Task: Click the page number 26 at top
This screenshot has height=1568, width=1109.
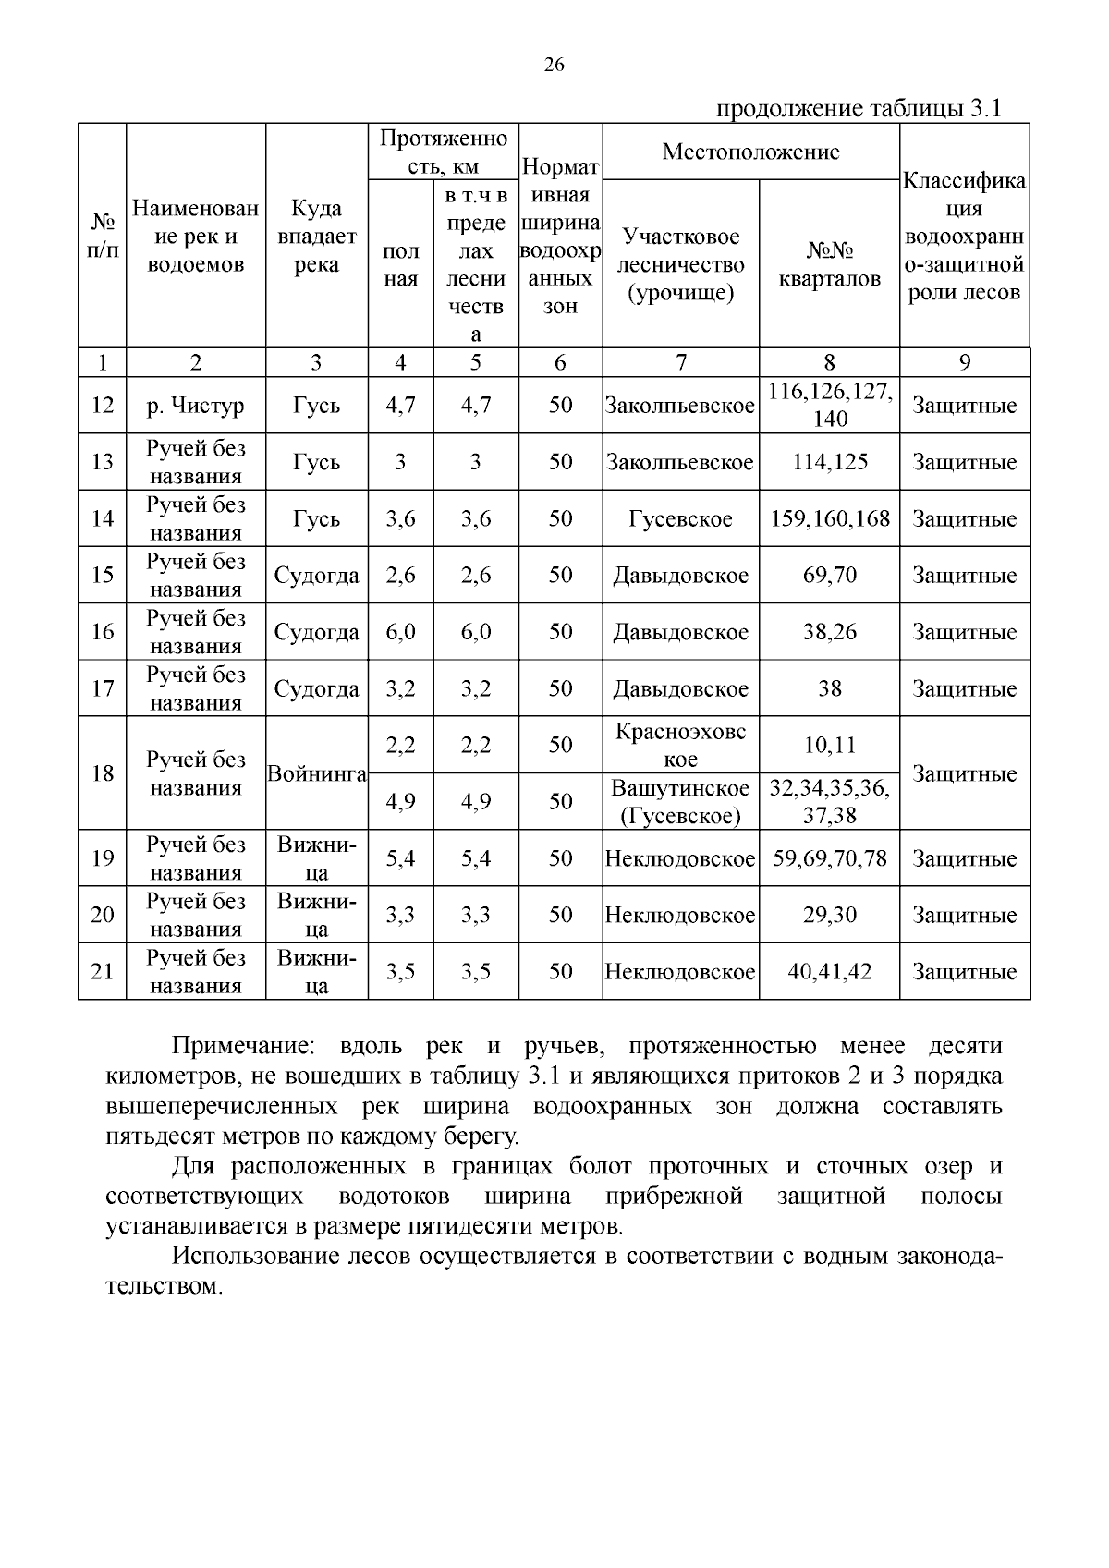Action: [x=554, y=65]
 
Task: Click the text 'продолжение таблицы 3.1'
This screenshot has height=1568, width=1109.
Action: [x=859, y=109]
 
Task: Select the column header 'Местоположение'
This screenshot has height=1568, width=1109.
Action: [x=750, y=152]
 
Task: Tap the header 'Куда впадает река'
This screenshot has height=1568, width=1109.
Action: [x=316, y=237]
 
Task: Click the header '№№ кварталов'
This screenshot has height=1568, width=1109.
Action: [x=829, y=265]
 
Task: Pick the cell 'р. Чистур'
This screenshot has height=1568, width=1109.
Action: [x=196, y=406]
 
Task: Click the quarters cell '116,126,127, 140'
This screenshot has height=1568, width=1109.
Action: [x=829, y=406]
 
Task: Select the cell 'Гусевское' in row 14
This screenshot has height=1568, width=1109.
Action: [x=680, y=519]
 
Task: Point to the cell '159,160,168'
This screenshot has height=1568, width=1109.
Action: [x=829, y=519]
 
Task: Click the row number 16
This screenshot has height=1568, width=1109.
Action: [x=102, y=632]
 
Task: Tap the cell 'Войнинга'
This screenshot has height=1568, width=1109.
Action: [x=316, y=773]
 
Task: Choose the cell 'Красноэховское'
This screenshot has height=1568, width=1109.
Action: [x=680, y=745]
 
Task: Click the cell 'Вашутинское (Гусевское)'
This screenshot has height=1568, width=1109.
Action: [x=680, y=802]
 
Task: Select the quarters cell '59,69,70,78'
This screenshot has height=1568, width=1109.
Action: [x=829, y=858]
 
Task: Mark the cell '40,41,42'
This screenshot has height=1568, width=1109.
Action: [x=829, y=972]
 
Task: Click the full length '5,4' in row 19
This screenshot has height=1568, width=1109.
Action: [x=400, y=859]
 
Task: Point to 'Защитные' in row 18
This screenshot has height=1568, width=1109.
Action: [x=964, y=774]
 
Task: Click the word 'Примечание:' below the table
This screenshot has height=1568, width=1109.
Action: [x=243, y=1047]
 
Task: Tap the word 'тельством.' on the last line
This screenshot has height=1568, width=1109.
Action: [x=164, y=1287]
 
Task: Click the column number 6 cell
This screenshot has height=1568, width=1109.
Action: [x=560, y=363]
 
